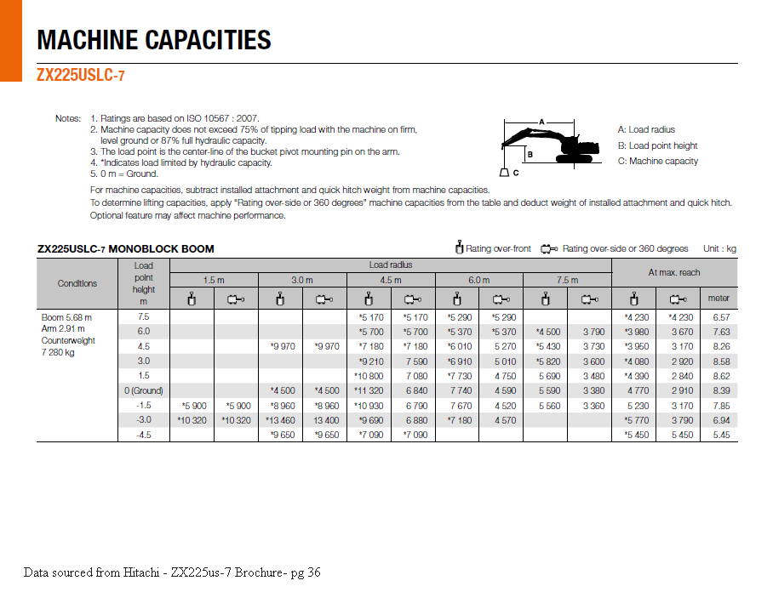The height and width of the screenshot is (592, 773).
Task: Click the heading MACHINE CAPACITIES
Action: point(154,40)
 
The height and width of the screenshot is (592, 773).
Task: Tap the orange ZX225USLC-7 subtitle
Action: point(81,75)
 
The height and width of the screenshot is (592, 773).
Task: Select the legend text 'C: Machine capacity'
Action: point(658,161)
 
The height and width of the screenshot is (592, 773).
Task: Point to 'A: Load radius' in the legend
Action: point(646,129)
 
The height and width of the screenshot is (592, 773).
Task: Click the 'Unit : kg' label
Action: point(719,248)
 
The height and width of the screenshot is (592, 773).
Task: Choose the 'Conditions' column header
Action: point(77,283)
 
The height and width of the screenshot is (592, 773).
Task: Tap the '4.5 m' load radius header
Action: point(391,280)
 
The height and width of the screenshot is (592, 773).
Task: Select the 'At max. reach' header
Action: point(674,272)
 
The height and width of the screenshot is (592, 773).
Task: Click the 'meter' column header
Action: point(719,299)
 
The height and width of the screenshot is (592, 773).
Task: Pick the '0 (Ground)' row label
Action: point(143,390)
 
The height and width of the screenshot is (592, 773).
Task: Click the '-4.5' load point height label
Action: point(144,435)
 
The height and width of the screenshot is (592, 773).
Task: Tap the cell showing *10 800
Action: point(369,375)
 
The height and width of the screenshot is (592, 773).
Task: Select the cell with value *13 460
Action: point(280,420)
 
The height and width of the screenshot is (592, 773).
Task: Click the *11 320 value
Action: point(369,390)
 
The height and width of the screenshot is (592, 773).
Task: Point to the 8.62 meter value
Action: point(720,375)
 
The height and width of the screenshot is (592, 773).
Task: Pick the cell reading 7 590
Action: point(415,361)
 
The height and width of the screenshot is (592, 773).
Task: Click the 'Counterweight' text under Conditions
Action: point(68,340)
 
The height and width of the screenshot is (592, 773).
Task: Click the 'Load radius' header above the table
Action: point(391,265)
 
